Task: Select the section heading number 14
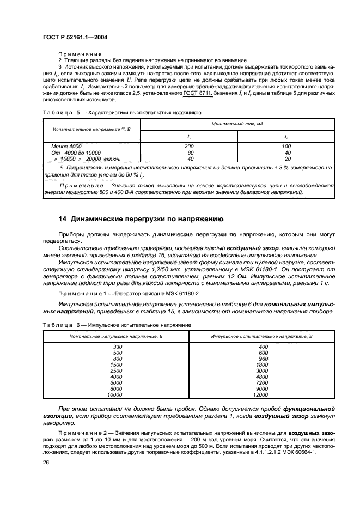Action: pos(62,220)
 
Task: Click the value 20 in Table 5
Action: pos(287,159)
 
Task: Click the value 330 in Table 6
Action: pos(117,347)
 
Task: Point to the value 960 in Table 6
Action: pos(263,359)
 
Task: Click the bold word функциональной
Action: pos(309,408)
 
